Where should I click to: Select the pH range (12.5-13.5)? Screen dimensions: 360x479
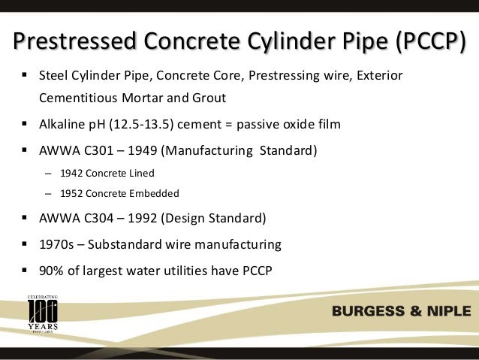coord(127,124)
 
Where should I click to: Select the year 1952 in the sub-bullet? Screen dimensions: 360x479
coord(66,193)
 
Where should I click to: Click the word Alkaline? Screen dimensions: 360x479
coord(62,124)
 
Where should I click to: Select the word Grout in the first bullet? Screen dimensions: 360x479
coord(227,98)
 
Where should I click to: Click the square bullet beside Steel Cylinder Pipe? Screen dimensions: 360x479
coord(25,76)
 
